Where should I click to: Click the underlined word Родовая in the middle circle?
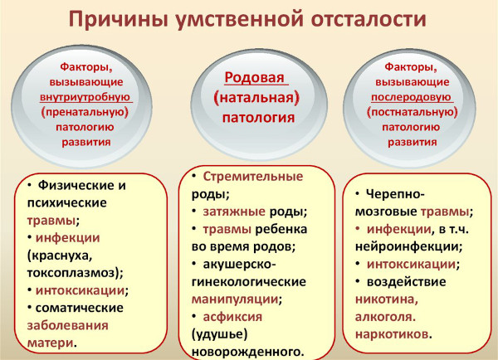click(x=255, y=80)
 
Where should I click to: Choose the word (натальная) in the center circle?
click(x=256, y=99)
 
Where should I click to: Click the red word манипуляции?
click(x=234, y=299)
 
